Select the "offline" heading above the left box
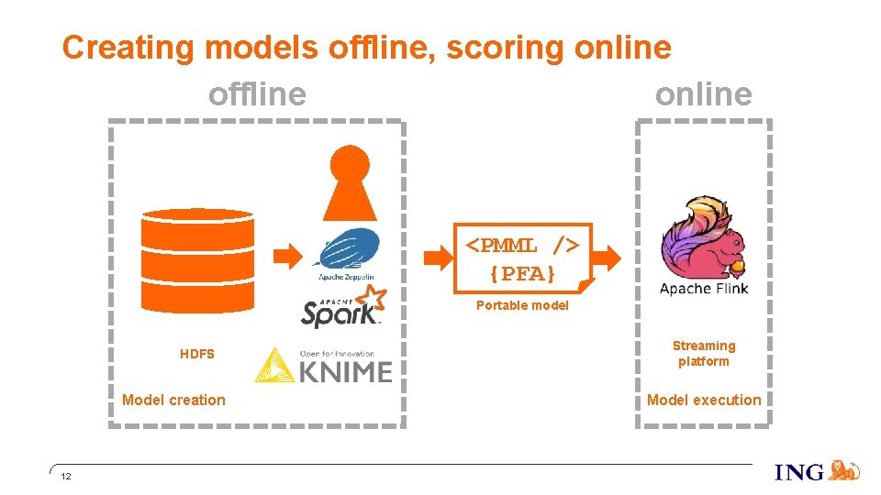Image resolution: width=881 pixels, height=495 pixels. (257, 93)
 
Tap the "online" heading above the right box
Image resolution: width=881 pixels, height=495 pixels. (703, 93)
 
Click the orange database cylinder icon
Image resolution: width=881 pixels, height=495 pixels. (197, 261)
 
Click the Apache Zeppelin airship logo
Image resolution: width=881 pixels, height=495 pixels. (346, 249)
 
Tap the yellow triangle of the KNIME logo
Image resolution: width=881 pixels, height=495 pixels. (273, 366)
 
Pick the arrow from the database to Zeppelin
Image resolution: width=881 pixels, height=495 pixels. (289, 253)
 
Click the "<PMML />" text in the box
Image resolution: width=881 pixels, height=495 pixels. (522, 246)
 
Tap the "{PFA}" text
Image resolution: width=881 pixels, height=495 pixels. (522, 273)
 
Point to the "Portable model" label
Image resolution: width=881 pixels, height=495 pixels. (522, 305)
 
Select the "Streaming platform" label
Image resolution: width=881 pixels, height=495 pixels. (704, 353)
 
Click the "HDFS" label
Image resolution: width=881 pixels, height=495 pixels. (197, 354)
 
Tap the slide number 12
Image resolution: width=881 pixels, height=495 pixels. (65, 478)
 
